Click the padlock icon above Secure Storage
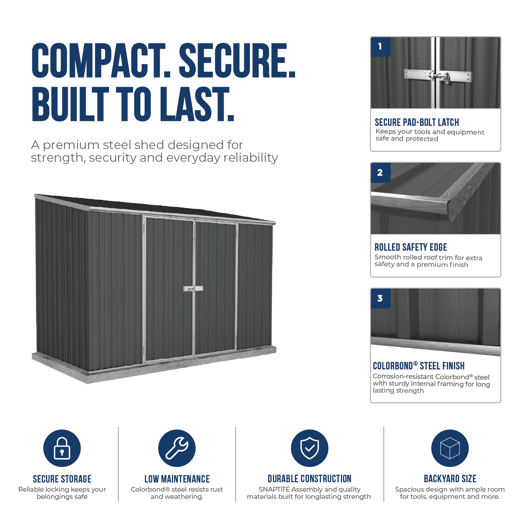click(x=62, y=448)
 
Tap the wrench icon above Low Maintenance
click(x=177, y=448)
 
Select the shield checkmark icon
click(x=309, y=448)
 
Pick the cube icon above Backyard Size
click(x=450, y=448)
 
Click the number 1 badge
click(x=380, y=47)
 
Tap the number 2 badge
click(x=380, y=172)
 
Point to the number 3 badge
click(x=380, y=298)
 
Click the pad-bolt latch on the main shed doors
click(x=193, y=289)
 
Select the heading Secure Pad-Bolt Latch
click(x=417, y=122)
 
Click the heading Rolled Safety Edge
click(x=410, y=247)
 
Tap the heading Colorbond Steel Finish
click(x=419, y=366)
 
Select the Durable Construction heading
click(x=309, y=479)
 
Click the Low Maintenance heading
click(x=177, y=479)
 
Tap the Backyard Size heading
click(x=450, y=479)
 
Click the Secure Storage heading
click(x=62, y=479)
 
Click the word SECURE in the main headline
click(x=237, y=61)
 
